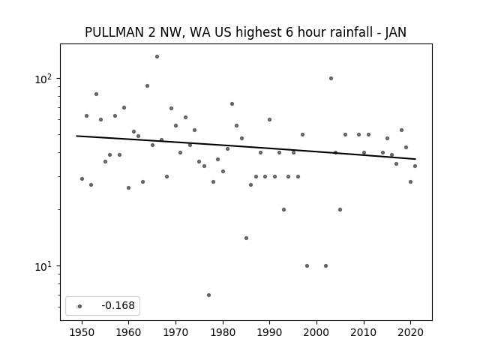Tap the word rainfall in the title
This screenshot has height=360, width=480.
pos(342,32)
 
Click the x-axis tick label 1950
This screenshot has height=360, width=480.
pos(82,332)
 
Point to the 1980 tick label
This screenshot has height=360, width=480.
pos(223,332)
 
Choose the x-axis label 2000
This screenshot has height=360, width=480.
pos(316,332)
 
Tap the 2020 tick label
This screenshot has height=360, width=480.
pos(411,332)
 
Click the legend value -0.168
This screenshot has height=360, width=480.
pos(118,305)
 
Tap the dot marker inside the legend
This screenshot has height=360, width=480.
pos(79,307)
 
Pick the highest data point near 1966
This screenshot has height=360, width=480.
pos(157,57)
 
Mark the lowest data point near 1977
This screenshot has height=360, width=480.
pos(208,295)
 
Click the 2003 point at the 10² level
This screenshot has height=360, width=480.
pos(331,78)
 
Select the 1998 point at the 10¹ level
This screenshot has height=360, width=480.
pos(307,265)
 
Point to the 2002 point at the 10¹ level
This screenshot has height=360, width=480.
pos(325,265)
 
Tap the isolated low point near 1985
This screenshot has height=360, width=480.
pos(246,238)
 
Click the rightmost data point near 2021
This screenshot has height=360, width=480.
pos(415,166)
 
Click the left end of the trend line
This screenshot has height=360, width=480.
pos(76,136)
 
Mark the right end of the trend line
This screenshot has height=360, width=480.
pos(415,159)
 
